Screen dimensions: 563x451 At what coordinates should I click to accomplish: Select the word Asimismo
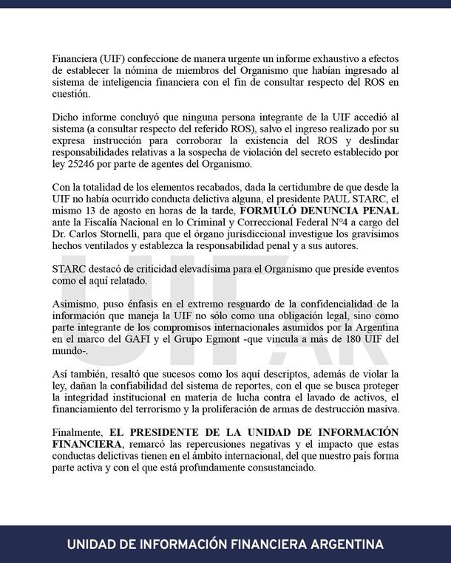78,303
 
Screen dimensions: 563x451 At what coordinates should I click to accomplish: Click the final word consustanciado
271,466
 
